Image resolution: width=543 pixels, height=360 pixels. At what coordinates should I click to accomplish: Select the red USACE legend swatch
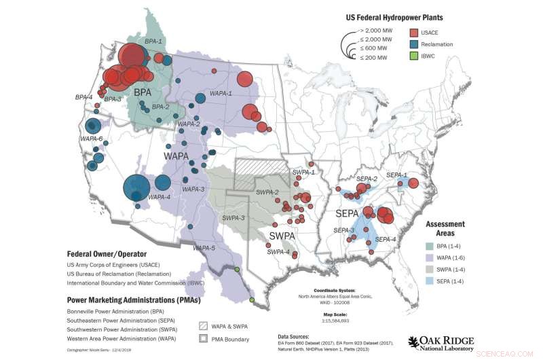tap(413, 32)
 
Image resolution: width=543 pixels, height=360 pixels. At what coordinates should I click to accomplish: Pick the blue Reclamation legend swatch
tap(413, 45)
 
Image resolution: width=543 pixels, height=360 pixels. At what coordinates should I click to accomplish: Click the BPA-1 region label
tap(153, 41)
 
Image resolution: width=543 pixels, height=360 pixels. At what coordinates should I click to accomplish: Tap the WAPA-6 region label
tap(92, 139)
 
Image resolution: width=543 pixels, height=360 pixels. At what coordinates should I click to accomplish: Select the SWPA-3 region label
tap(234, 217)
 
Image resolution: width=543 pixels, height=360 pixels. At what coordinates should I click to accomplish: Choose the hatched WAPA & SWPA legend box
tap(204, 326)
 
